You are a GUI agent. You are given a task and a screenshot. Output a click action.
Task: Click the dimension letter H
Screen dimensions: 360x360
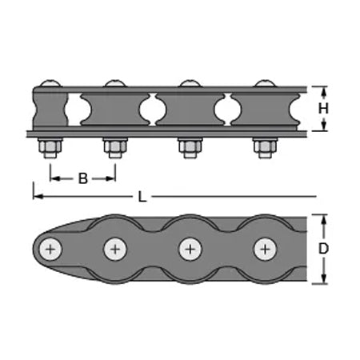(x=323, y=109)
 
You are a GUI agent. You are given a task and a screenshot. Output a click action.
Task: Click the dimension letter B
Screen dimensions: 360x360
(x=83, y=178)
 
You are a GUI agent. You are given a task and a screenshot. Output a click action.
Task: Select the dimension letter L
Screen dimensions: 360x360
(x=142, y=198)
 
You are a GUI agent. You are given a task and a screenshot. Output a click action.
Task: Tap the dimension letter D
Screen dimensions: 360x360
(x=323, y=249)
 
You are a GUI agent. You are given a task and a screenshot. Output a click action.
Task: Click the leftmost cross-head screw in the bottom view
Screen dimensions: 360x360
(x=50, y=250)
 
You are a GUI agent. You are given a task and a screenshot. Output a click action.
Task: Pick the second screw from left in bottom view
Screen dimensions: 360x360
(x=115, y=250)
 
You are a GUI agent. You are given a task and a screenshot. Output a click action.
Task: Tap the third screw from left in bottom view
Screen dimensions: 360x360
(x=190, y=250)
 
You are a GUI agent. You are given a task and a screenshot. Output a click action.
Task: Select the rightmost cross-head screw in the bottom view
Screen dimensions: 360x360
(x=265, y=250)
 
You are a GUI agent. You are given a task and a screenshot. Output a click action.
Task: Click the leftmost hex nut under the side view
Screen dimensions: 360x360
(x=50, y=147)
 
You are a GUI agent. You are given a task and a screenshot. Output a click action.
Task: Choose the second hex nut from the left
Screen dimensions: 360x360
(x=115, y=147)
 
